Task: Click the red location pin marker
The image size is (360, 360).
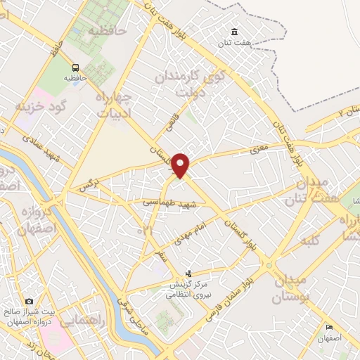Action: click(x=182, y=165)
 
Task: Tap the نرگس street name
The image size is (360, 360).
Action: click(x=85, y=186)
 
